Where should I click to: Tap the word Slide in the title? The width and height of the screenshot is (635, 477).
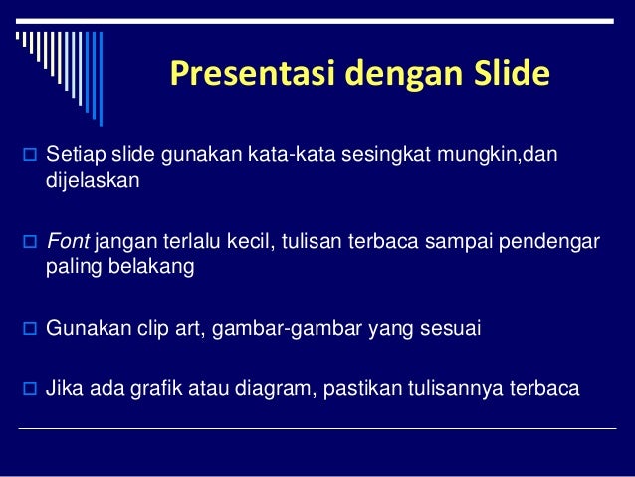coord(508,75)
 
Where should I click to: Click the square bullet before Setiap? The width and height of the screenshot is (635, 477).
coord(27,161)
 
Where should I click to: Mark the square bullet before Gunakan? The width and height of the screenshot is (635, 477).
coord(27,330)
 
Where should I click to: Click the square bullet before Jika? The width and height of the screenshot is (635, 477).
coord(27,390)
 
